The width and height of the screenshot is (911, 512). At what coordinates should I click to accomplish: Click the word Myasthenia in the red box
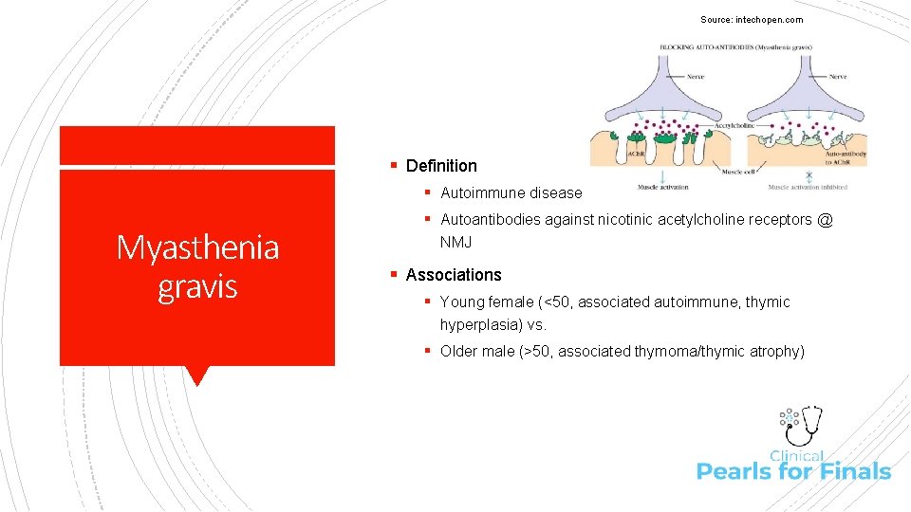197,247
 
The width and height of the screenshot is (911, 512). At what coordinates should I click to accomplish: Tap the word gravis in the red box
197,285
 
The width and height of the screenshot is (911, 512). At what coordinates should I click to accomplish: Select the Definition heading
441,166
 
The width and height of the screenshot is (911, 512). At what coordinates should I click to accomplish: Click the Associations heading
454,275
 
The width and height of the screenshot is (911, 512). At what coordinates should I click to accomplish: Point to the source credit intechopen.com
752,20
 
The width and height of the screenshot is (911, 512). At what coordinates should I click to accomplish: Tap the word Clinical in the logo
796,456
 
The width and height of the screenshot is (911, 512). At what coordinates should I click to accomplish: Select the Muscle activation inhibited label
807,187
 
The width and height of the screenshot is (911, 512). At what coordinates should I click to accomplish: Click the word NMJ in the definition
455,243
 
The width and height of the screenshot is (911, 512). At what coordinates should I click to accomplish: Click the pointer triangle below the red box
197,375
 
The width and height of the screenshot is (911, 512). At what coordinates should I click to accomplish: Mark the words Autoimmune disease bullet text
511,193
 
